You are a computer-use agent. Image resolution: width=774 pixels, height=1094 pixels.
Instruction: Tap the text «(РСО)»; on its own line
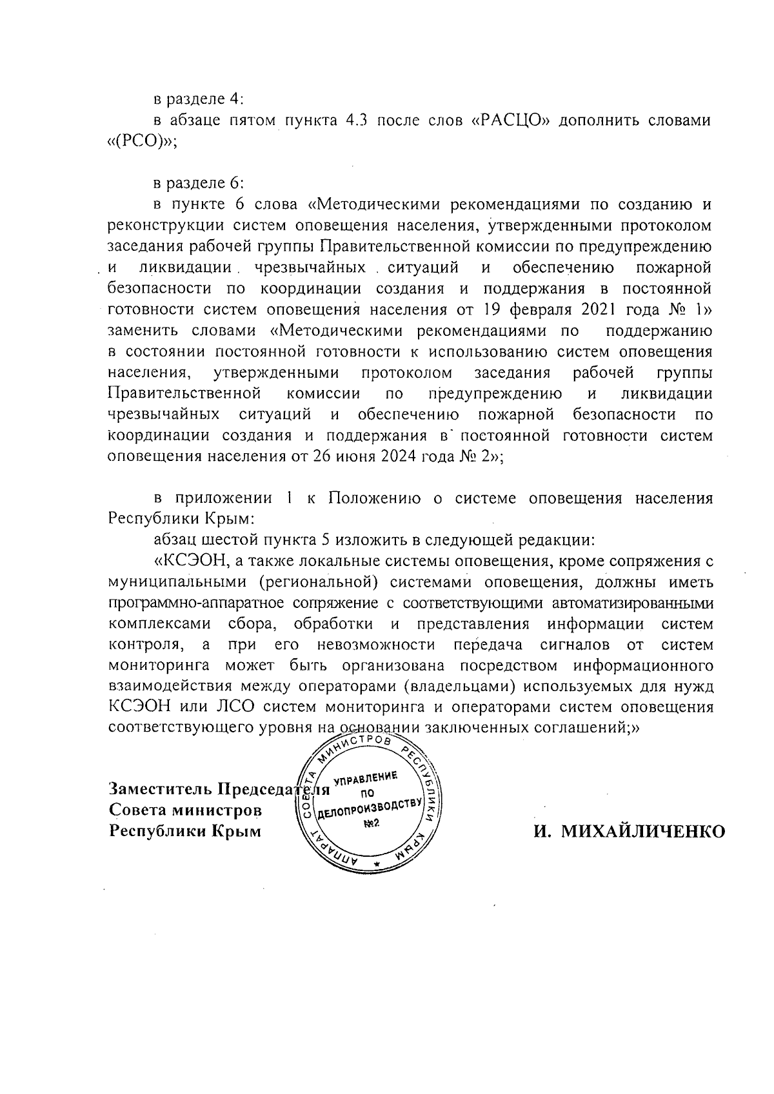pos(141,141)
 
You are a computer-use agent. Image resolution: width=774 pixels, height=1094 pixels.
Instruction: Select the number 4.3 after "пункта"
pos(353,120)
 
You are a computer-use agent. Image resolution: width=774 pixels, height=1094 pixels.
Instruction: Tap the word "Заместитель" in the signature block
pos(160,789)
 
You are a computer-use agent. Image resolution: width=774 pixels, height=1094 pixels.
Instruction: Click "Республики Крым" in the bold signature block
pos(186,830)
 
